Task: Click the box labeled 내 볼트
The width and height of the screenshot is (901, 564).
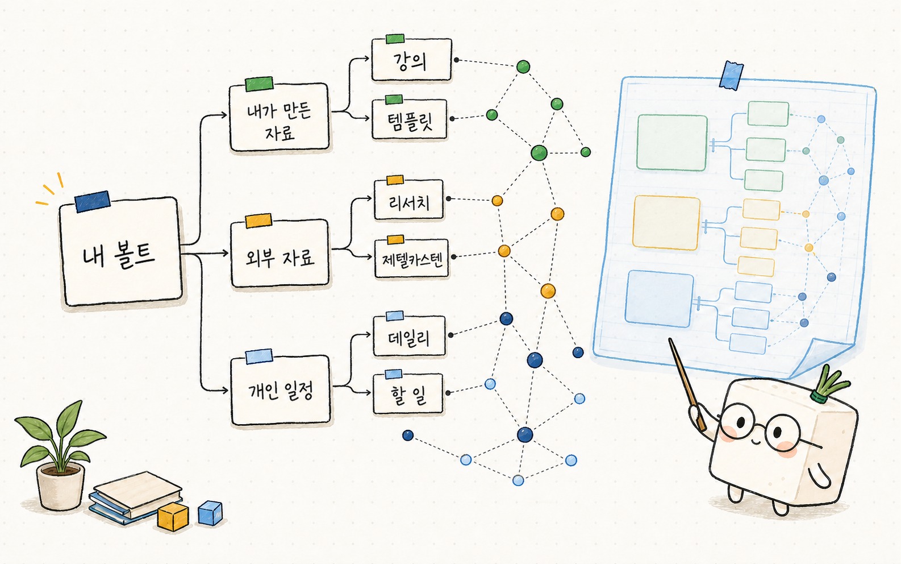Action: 120,252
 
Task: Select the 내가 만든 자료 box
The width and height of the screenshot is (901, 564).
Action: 279,117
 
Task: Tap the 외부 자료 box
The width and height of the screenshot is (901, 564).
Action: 280,253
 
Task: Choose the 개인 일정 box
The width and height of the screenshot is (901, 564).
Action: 281,390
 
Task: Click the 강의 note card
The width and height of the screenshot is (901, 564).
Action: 411,60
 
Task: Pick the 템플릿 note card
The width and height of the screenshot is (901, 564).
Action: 410,119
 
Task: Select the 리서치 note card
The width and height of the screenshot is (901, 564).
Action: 408,200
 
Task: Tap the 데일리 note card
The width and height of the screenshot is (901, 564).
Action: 409,336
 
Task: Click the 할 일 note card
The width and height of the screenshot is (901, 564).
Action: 408,393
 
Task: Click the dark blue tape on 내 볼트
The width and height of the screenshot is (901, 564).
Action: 93,202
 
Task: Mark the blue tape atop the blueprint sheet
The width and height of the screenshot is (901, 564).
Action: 731,75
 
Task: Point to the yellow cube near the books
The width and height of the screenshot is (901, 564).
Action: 173,516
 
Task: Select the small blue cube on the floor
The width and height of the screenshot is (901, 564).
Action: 210,513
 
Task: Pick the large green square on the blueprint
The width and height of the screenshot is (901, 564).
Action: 671,143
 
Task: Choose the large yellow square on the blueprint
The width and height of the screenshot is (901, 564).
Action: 666,222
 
